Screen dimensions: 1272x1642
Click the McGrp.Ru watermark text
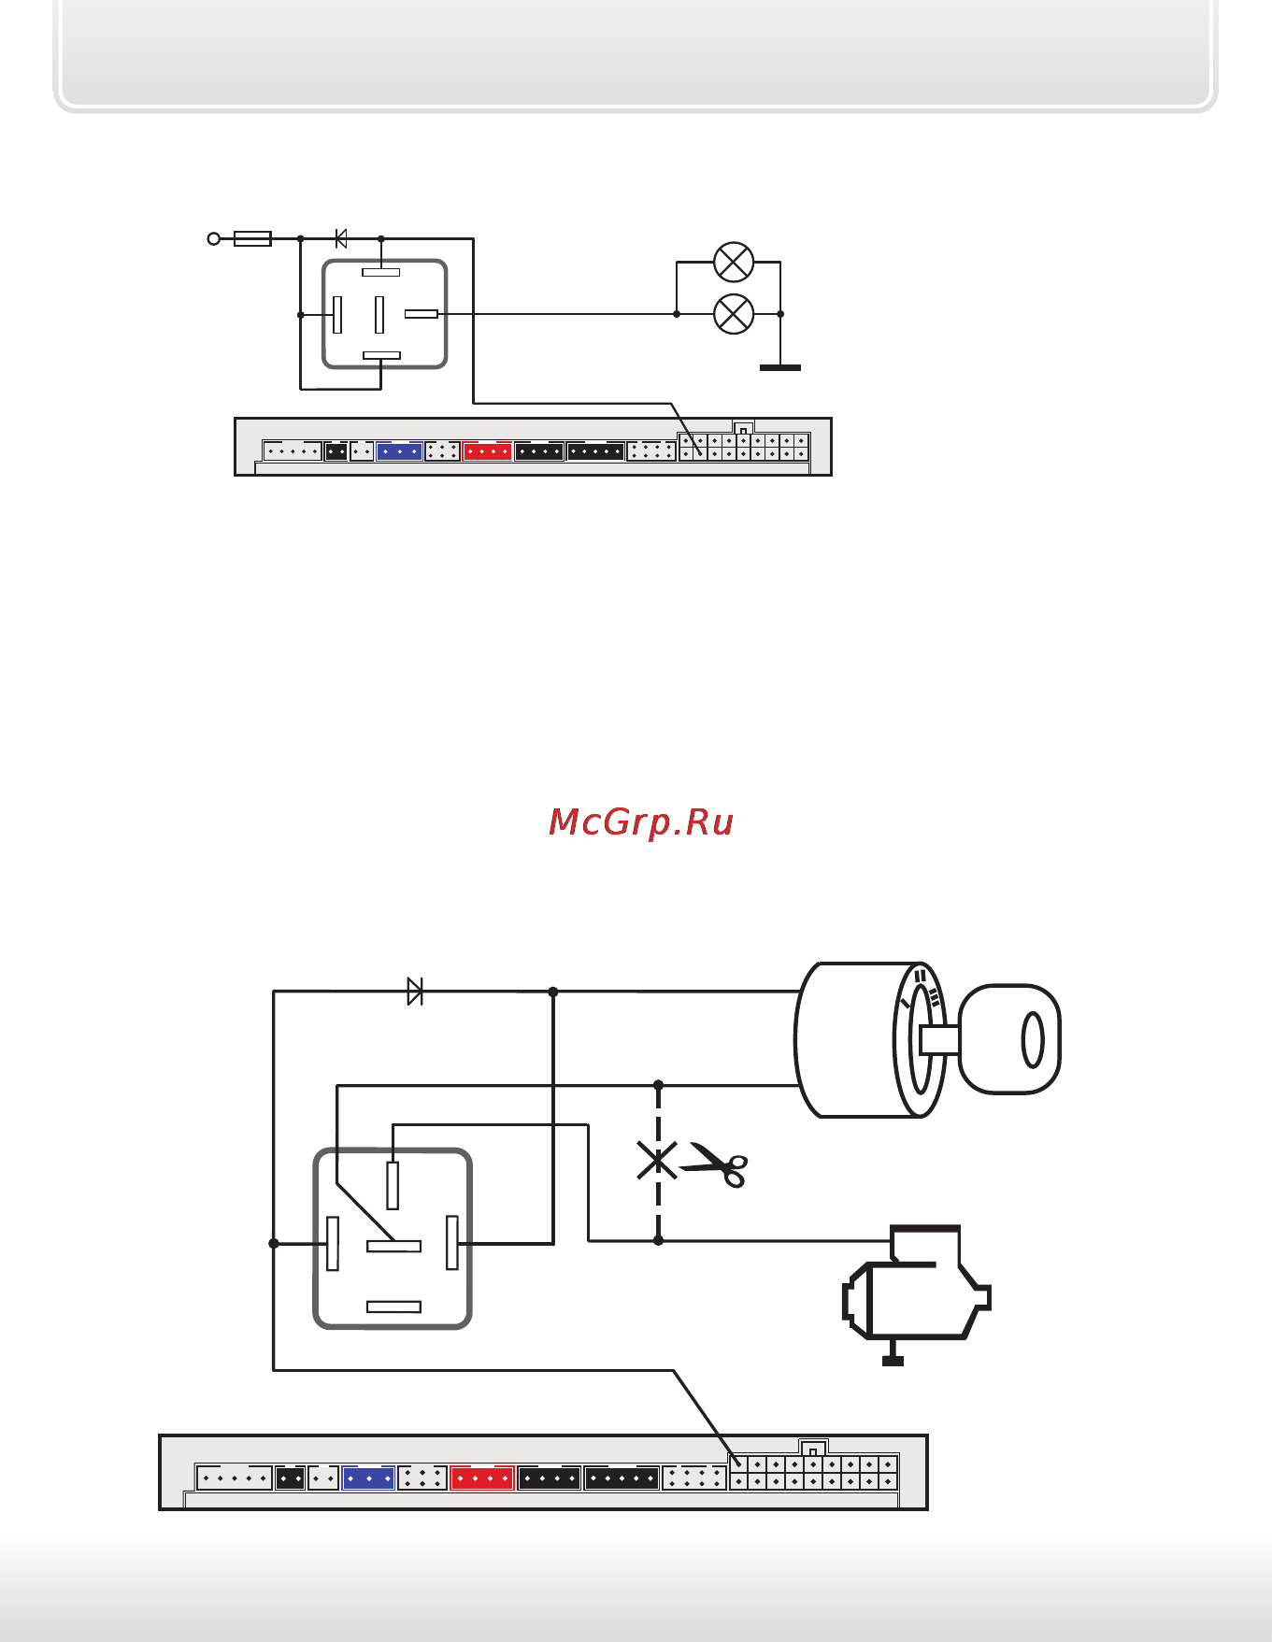[x=641, y=822]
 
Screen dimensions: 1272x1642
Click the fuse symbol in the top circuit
[x=252, y=239]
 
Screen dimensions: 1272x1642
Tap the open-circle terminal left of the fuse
[x=214, y=239]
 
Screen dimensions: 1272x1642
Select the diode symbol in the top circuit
[x=341, y=239]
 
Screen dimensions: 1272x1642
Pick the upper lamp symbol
[x=734, y=263]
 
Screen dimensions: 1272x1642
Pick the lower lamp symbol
[x=734, y=314]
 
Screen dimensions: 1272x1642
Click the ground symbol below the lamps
[x=780, y=367]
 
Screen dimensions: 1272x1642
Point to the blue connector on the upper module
[x=399, y=451]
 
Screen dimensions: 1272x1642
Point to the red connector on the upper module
[x=487, y=451]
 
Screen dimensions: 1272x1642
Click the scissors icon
[x=716, y=1164]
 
